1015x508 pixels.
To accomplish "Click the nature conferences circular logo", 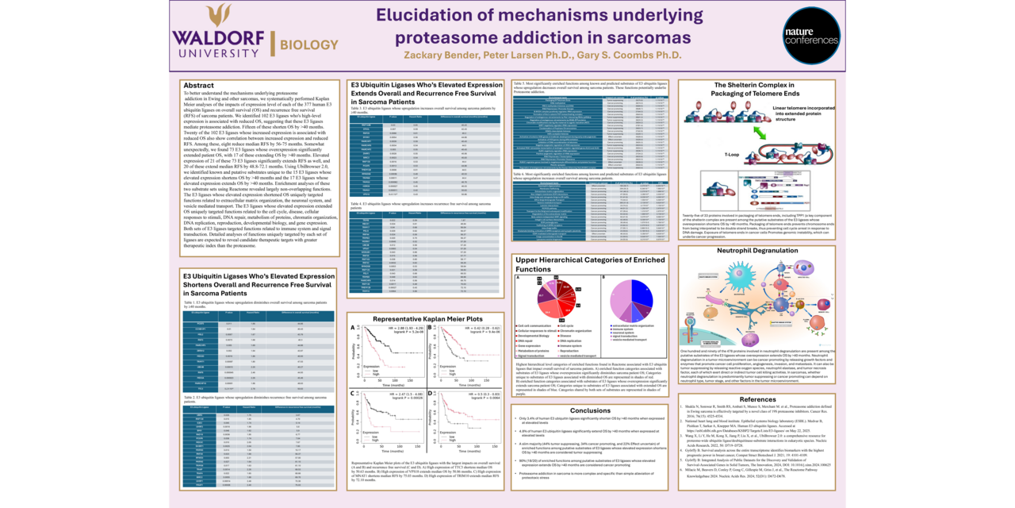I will point(811,36).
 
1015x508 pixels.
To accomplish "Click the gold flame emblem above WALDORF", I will point(219,15).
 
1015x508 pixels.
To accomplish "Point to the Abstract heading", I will point(198,85).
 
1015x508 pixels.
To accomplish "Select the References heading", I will point(757,399).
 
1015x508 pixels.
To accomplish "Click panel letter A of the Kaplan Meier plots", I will point(352,327).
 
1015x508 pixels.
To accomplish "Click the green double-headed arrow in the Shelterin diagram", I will point(760,135).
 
